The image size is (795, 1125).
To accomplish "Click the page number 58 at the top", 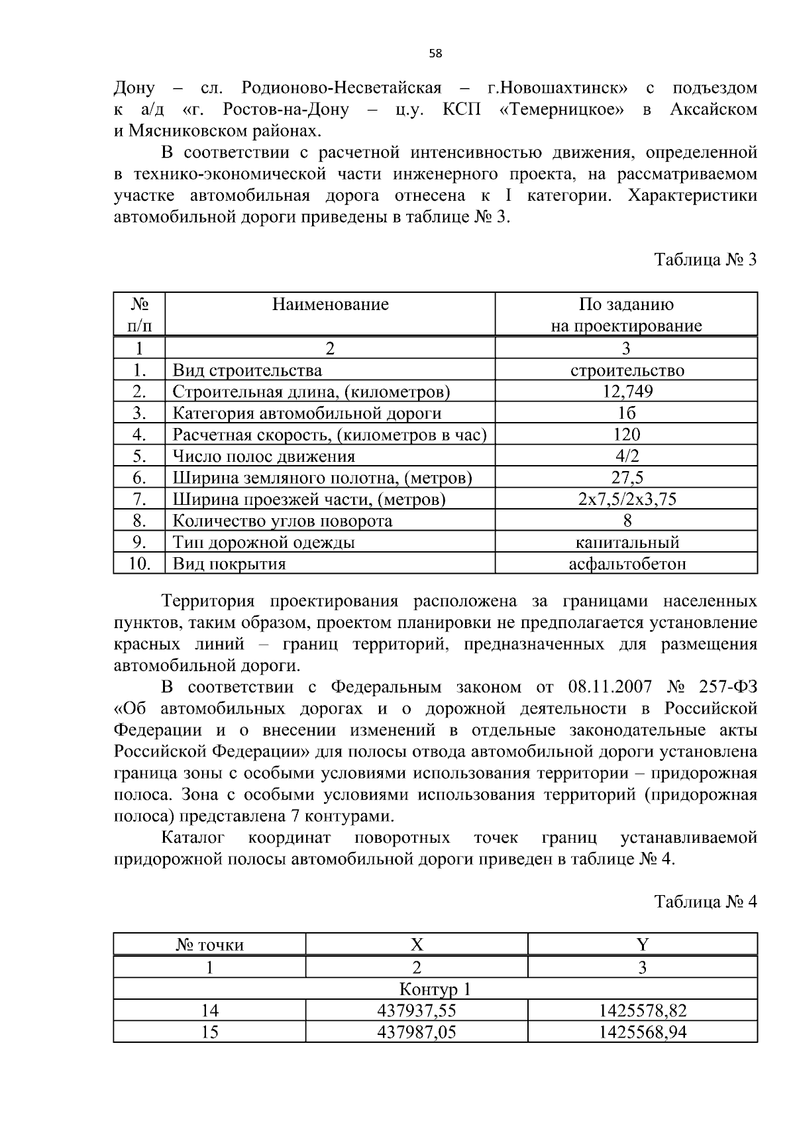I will (x=435, y=54).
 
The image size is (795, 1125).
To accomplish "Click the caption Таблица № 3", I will (x=705, y=259).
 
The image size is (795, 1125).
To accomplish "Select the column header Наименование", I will (x=330, y=304).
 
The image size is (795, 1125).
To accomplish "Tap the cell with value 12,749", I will (x=627, y=392).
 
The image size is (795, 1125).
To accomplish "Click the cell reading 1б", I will (x=627, y=413).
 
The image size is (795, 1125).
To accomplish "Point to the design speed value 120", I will (x=627, y=435).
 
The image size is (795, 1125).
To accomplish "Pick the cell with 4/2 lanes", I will (x=627, y=456).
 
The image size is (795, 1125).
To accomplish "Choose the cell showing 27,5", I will (x=627, y=478).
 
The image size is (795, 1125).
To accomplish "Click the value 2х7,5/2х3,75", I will (x=627, y=499).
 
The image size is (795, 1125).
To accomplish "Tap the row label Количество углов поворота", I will (x=282, y=521).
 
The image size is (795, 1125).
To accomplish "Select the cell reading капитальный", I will (x=627, y=543).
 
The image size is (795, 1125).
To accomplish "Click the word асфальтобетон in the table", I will (x=627, y=564).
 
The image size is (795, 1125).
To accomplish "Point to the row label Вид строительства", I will (x=247, y=370).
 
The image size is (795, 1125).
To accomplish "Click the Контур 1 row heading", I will (x=435, y=989).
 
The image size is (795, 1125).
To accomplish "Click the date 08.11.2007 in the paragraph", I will (x=609, y=686).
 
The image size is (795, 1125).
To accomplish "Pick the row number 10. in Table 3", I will (x=139, y=564).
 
